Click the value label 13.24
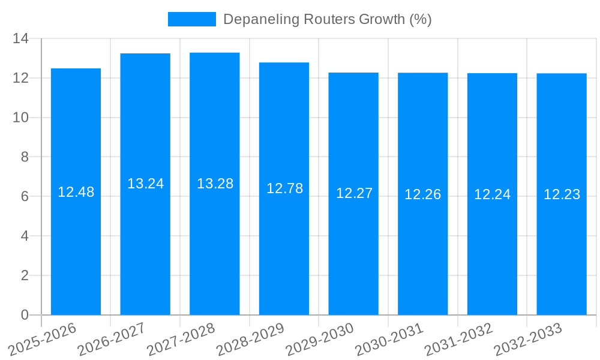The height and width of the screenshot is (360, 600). [x=145, y=184]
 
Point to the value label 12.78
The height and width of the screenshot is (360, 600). [x=284, y=188]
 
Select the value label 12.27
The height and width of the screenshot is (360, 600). [x=354, y=193]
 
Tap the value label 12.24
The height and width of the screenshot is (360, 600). [x=492, y=194]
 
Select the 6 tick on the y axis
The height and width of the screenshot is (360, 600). [x=25, y=197]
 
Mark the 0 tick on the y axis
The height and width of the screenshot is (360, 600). [x=25, y=315]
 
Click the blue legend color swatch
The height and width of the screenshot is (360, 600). [x=191, y=19]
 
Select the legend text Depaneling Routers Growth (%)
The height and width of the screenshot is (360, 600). [x=327, y=19]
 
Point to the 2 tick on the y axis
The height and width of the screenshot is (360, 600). [x=25, y=275]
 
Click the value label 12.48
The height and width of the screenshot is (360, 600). [x=76, y=192]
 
